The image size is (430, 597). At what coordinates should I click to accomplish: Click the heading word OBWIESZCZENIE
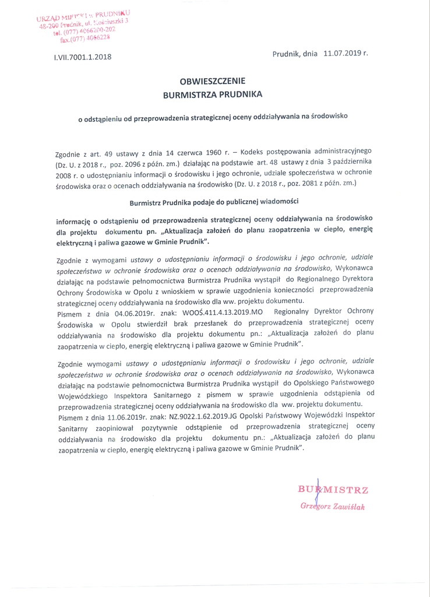click(213, 81)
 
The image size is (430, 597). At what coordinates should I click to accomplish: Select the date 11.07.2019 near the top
click(343, 53)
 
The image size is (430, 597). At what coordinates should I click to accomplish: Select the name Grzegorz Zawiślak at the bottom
click(332, 507)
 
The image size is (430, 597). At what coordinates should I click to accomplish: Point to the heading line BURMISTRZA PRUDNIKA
click(213, 93)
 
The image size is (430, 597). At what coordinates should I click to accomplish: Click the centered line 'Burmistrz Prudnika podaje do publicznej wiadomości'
click(213, 202)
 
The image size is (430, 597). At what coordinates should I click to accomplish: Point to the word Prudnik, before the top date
click(287, 53)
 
